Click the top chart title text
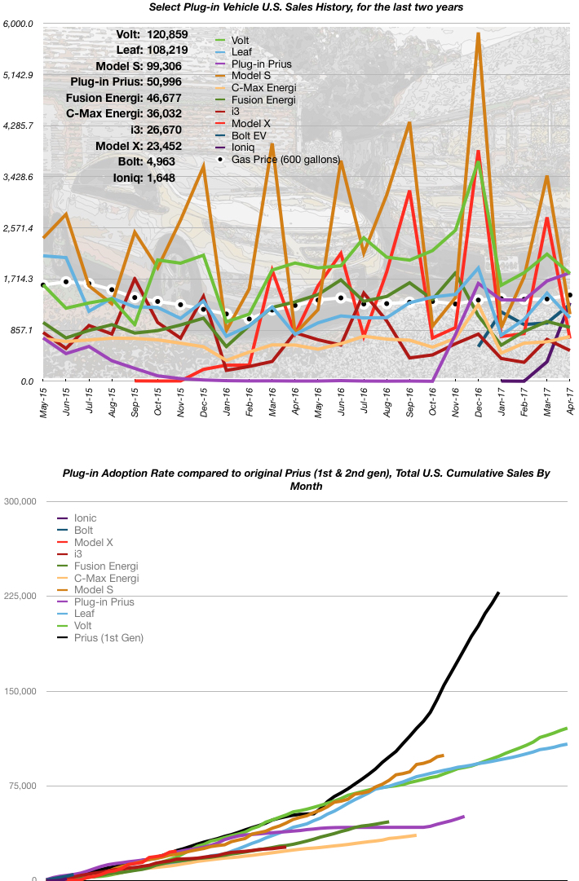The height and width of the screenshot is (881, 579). pos(306,7)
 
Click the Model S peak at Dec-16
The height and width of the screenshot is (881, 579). pos(478,34)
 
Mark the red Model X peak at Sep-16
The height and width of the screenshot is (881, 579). pos(409,191)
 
